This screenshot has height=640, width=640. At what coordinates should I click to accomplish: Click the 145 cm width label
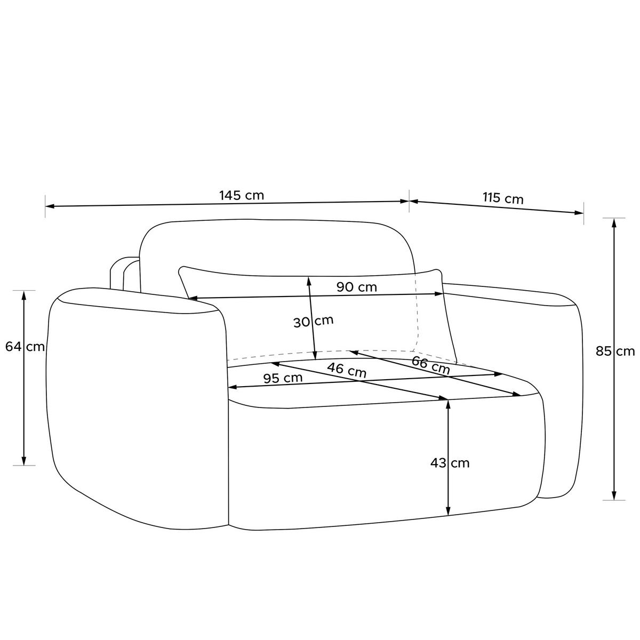pos(242,195)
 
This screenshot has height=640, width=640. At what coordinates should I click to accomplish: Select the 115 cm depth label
pos(503,198)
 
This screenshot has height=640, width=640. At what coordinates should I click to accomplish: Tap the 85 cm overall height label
pos(615,351)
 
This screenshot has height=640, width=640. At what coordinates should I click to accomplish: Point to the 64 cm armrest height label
pos(25,347)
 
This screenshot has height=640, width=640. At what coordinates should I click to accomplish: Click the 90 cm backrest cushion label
pos(357,287)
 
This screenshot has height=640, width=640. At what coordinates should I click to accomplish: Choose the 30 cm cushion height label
pos(313,322)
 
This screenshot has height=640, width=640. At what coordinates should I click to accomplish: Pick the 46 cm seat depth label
pos(347,370)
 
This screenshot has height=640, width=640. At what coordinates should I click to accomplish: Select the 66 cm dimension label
pos(431,365)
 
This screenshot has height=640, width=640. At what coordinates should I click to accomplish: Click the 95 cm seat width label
pos(283,378)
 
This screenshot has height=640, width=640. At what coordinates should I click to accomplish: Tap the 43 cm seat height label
pos(450,463)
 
